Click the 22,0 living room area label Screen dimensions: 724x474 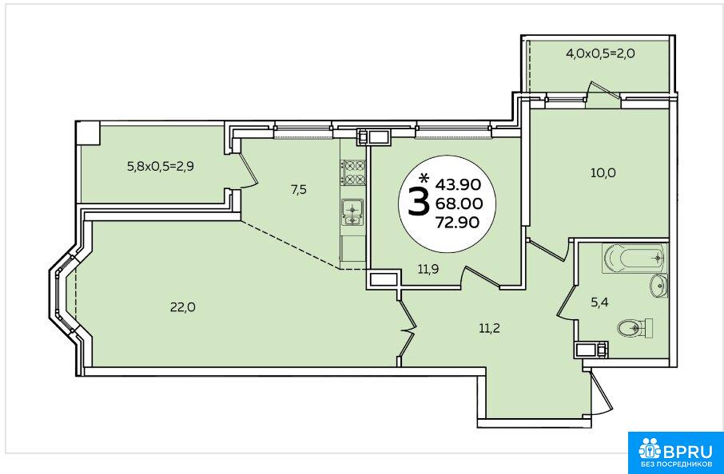click(183, 307)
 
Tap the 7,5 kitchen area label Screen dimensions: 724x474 click(299, 189)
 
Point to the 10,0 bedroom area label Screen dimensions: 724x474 click(603, 173)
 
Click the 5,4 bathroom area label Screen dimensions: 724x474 click(599, 302)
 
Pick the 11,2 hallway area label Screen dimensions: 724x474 click(489, 329)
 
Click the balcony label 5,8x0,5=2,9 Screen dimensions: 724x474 click(160, 166)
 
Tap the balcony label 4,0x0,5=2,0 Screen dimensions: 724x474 click(600, 53)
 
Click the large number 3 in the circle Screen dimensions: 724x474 click(419, 203)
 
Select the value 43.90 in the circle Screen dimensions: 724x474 click(459, 184)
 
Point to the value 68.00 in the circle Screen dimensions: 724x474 click(459, 203)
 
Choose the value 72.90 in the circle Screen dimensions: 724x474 click(458, 223)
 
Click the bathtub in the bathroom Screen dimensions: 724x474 click(634, 259)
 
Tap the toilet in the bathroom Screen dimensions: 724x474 click(634, 328)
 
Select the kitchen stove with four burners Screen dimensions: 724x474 click(353, 172)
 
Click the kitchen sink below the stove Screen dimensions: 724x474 click(352, 212)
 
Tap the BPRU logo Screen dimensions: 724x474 click(675, 452)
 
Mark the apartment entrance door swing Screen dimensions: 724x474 click(601, 393)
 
